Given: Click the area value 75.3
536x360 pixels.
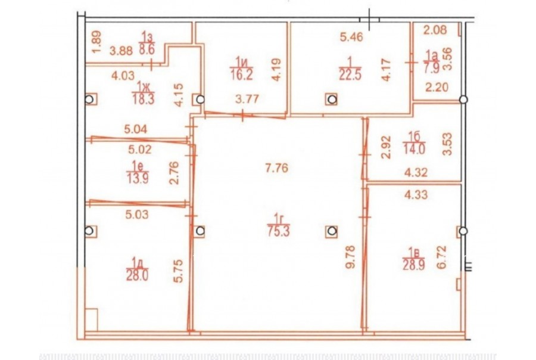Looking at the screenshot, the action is click(279, 232).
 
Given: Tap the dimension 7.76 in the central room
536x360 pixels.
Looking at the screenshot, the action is click(277, 168).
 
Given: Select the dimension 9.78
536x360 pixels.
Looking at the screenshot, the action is click(351, 257).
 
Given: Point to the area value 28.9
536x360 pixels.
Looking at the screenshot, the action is click(414, 265).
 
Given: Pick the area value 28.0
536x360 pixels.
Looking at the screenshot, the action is click(138, 275).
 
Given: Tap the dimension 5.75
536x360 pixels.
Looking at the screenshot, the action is click(178, 271).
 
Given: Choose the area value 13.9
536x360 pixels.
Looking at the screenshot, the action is click(138, 179).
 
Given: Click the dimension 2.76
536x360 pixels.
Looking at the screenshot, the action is click(174, 173).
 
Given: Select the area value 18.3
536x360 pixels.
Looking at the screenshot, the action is click(144, 100).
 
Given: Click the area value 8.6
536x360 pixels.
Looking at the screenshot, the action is click(147, 49).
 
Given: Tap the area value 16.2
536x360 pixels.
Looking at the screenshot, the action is click(241, 75).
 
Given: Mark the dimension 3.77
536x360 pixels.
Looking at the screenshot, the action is click(247, 100).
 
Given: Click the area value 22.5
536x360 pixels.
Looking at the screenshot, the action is click(350, 75).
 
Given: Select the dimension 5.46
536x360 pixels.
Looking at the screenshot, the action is click(351, 36).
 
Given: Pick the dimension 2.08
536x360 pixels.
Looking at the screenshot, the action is click(435, 30).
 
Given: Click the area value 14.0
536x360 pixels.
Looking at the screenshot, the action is click(415, 149).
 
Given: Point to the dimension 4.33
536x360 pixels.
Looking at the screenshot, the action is click(416, 195).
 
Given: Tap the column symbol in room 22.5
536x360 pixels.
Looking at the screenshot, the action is click(332, 100).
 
